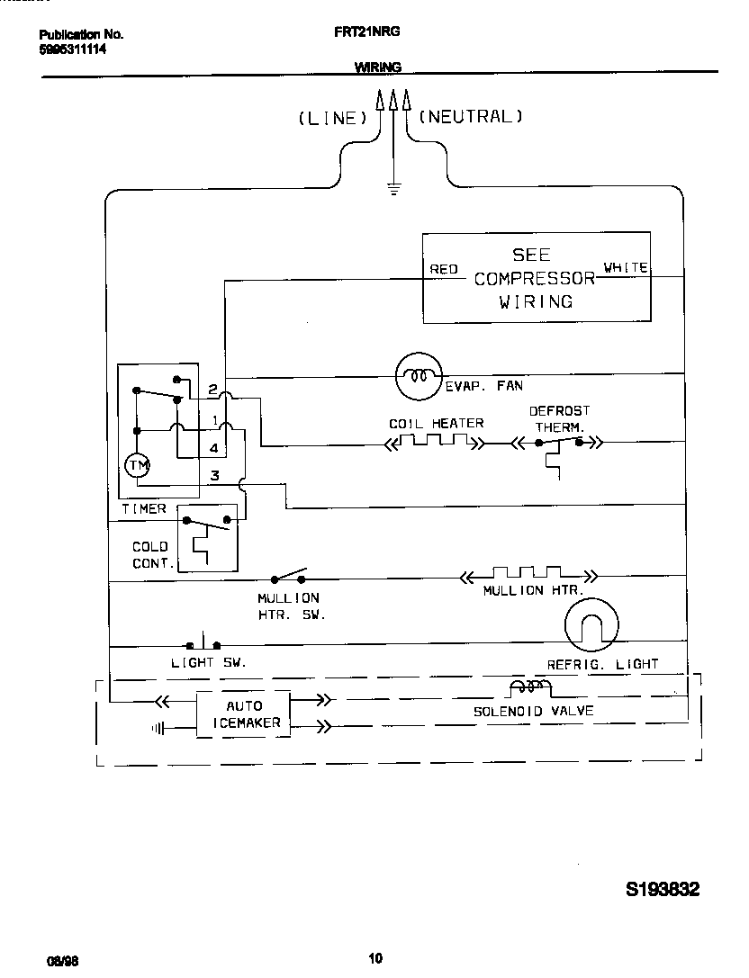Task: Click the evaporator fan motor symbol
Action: tap(420, 375)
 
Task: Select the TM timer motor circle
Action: tap(138, 464)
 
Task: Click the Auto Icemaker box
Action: tap(243, 714)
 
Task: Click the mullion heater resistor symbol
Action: tap(528, 575)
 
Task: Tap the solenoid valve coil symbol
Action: tap(531, 688)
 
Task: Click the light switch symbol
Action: tap(203, 644)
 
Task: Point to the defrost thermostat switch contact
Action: tap(558, 443)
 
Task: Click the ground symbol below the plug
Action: tap(393, 188)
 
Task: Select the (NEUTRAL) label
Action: tap(470, 116)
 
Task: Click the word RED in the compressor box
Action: tap(444, 269)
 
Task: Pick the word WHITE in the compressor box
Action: tap(625, 267)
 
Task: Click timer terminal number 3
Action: tap(214, 475)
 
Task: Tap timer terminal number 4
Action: tap(213, 447)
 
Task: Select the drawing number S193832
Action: tap(663, 889)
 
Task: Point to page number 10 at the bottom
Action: tap(375, 957)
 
